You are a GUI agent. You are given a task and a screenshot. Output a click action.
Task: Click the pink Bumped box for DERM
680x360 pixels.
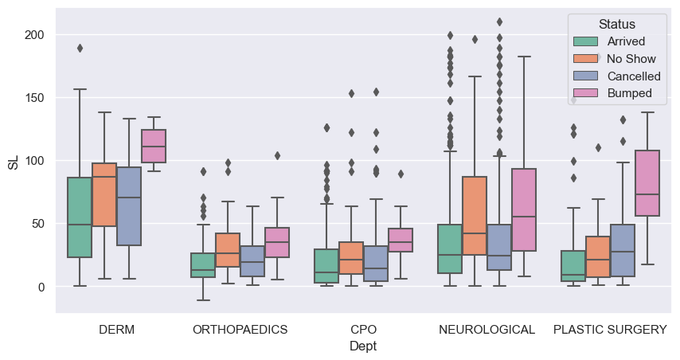[154, 146]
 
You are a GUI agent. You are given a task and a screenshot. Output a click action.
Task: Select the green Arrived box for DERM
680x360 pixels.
[80, 217]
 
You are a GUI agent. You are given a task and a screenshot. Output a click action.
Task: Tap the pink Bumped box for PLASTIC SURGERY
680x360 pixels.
[647, 183]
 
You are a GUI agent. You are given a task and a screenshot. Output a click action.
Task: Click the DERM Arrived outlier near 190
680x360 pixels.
[80, 48]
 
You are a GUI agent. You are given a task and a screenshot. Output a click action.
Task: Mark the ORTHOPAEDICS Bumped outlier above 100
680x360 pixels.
[277, 155]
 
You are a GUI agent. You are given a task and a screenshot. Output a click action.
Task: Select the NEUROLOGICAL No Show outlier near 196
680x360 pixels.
[475, 39]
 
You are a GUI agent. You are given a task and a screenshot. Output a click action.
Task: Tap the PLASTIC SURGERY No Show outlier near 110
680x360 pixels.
[598, 147]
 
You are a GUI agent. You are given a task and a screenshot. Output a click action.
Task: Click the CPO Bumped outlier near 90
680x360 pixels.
[401, 174]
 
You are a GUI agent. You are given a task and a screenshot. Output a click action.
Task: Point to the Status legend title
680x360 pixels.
[617, 24]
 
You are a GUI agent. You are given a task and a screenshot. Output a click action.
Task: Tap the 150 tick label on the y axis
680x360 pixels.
[37, 98]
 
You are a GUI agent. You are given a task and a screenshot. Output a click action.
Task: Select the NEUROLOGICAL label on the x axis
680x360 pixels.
[487, 329]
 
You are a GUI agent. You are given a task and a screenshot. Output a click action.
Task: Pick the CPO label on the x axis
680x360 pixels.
[363, 329]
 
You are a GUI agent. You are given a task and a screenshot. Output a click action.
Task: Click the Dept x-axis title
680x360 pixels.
[363, 346]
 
